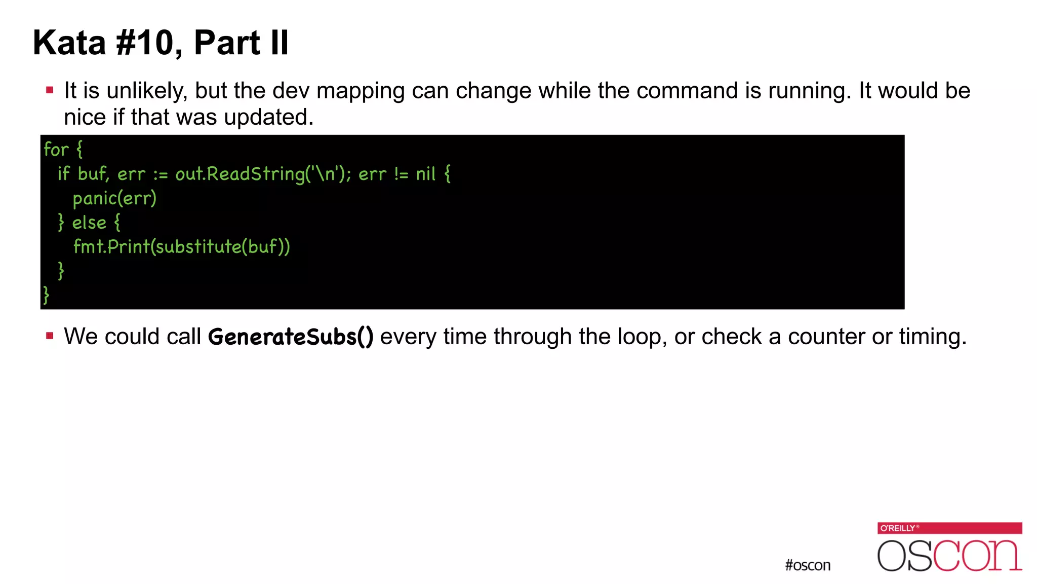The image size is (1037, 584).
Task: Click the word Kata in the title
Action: [x=69, y=43]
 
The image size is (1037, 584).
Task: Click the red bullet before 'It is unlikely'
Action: [x=50, y=91]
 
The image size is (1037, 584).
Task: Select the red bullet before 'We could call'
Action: [x=50, y=336]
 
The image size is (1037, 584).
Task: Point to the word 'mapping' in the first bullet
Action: [x=361, y=91]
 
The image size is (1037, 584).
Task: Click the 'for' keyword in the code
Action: [x=56, y=150]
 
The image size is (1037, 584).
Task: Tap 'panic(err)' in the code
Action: [x=114, y=198]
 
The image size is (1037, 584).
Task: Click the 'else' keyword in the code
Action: [x=89, y=223]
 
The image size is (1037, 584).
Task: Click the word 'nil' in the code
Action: [x=425, y=174]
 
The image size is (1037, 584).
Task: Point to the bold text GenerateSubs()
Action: [x=291, y=337]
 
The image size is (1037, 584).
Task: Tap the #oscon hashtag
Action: [x=808, y=565]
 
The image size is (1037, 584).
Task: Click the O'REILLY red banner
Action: [x=949, y=528]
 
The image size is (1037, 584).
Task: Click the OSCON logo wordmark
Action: [x=949, y=556]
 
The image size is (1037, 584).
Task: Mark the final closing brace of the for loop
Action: [x=46, y=295]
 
